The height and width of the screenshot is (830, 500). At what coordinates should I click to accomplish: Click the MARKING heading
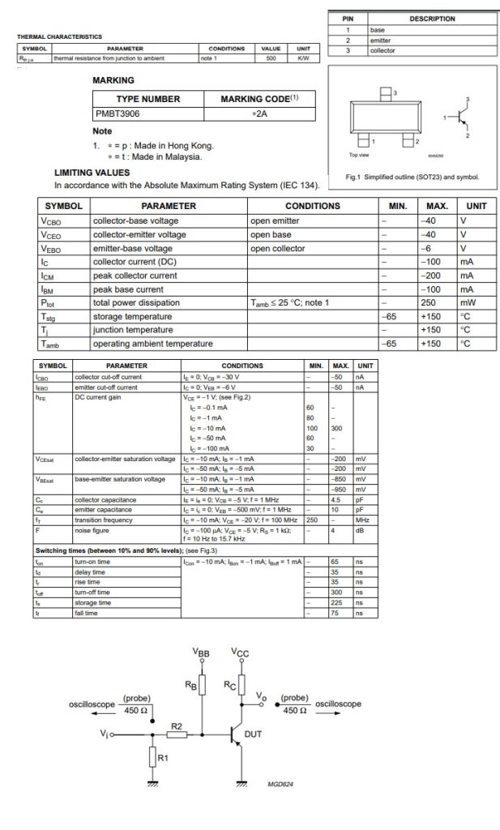[113, 81]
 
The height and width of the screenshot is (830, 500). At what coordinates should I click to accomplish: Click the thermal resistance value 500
[271, 58]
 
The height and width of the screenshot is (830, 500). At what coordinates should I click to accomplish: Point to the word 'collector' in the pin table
[382, 50]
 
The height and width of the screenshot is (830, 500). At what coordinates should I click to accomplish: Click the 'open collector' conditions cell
[278, 248]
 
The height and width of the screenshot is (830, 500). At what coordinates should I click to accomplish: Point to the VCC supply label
[241, 652]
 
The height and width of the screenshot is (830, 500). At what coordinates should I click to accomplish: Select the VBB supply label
[202, 652]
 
